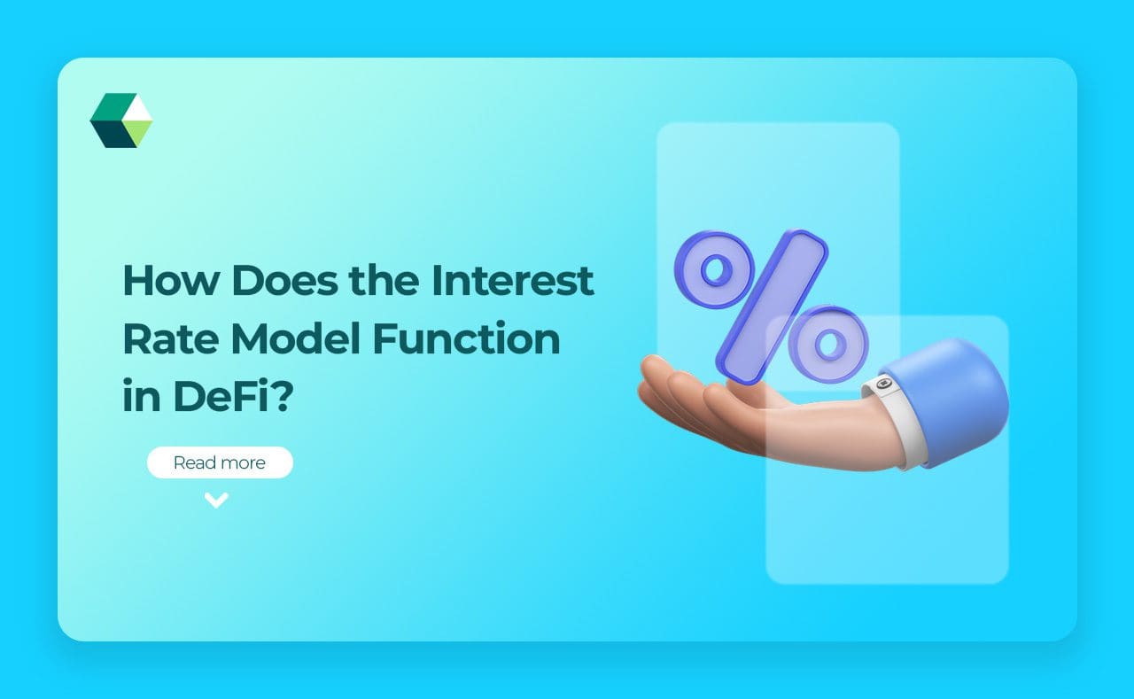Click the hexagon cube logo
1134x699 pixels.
tap(121, 120)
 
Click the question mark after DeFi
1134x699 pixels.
tap(281, 399)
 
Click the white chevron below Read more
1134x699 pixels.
tap(216, 501)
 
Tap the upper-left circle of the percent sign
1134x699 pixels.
tap(714, 269)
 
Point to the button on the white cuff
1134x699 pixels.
tap(882, 384)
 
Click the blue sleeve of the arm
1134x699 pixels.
tap(952, 399)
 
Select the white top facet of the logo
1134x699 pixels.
tap(139, 108)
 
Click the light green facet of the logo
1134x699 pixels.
tap(137, 133)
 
